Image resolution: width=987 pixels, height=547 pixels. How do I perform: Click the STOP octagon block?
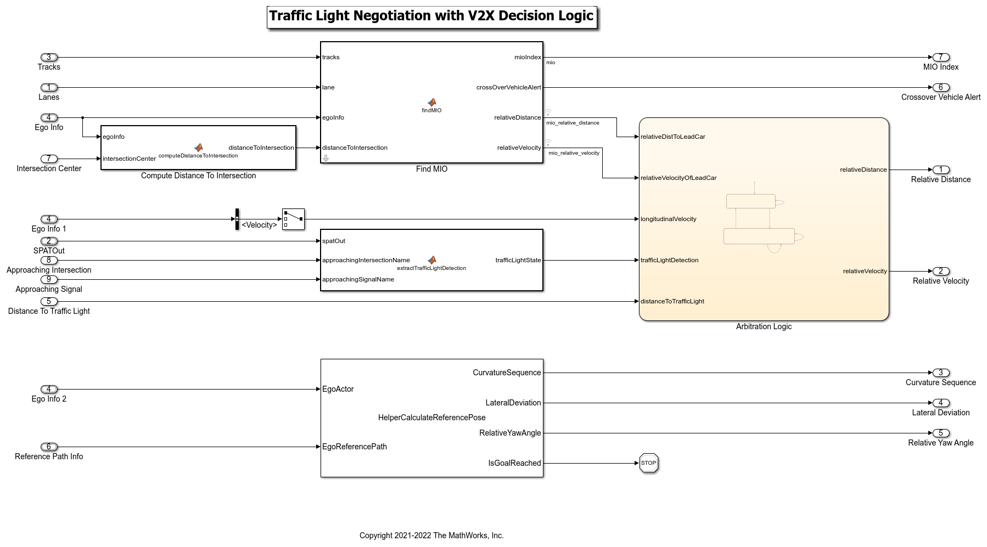(648, 463)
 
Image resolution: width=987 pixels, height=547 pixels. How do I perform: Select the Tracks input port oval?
(49, 57)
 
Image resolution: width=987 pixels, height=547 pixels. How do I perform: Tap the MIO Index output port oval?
(940, 57)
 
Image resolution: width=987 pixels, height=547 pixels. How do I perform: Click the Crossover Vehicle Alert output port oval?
(940, 87)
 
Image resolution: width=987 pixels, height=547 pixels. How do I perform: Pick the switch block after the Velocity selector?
(293, 219)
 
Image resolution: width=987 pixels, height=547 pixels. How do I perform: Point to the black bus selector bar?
(237, 219)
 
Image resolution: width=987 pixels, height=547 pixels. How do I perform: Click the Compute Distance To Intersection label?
(198, 176)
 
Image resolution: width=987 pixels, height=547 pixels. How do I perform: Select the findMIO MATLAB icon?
(432, 103)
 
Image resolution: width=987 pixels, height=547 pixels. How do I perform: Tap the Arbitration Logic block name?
(764, 326)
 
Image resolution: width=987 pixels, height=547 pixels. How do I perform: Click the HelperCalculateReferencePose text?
(431, 418)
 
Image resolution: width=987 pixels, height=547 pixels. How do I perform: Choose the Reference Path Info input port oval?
(49, 447)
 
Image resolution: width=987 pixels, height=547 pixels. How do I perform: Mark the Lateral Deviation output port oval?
(940, 403)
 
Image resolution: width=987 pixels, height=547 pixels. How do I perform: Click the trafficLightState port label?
(518, 260)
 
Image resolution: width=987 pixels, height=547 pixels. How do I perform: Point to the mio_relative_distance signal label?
(573, 123)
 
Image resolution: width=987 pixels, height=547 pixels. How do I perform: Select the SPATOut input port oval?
(49, 241)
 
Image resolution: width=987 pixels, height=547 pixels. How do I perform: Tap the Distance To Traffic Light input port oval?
(49, 301)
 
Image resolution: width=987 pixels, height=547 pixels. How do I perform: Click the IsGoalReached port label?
(514, 463)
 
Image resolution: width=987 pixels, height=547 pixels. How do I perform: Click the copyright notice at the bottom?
(431, 535)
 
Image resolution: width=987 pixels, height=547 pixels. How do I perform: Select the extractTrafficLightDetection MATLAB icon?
(432, 260)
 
